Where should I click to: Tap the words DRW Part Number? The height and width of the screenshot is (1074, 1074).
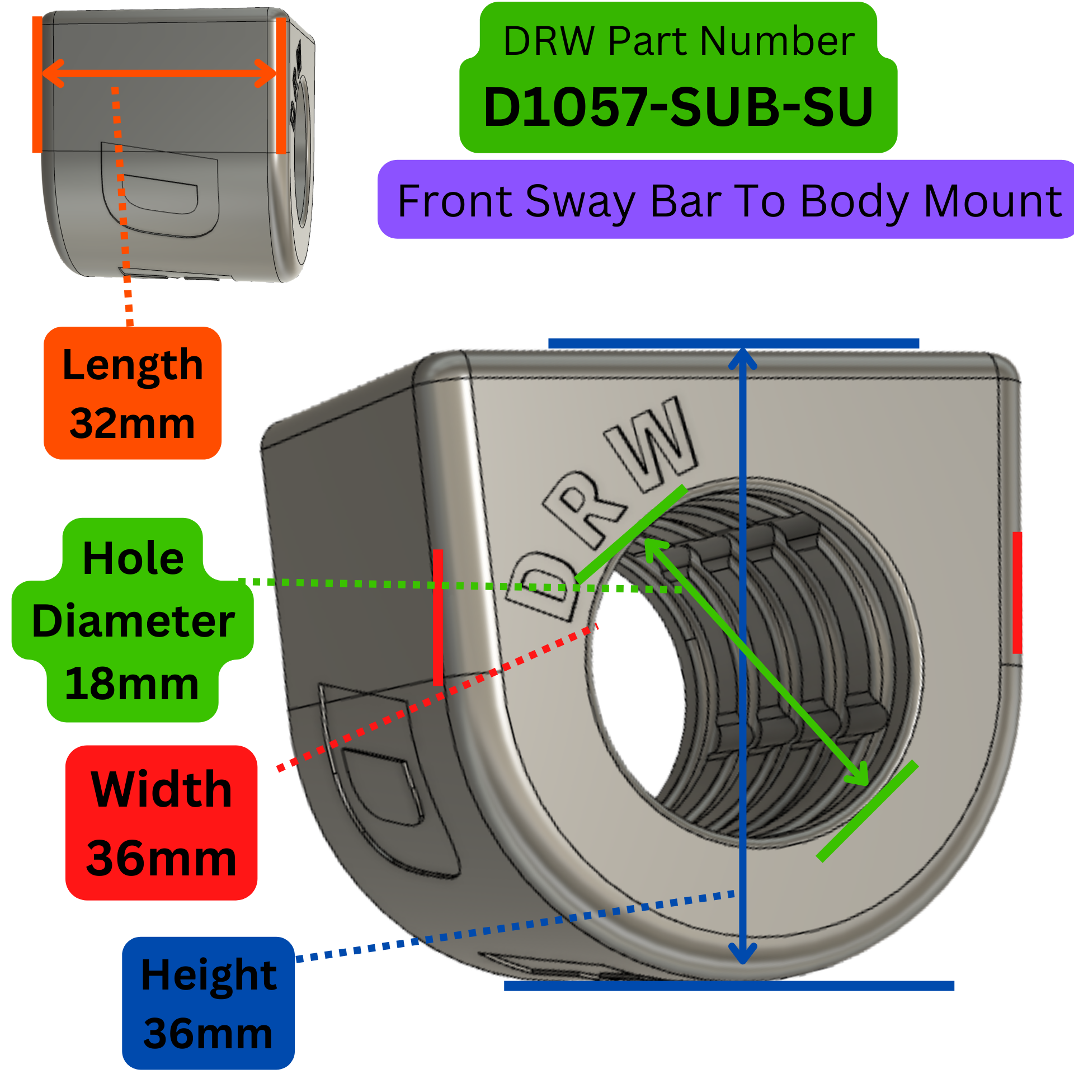[x=678, y=41]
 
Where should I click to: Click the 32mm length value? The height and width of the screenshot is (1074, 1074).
[x=133, y=423]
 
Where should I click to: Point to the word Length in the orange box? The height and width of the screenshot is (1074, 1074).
[x=133, y=365]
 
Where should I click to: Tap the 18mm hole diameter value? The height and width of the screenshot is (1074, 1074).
[x=132, y=684]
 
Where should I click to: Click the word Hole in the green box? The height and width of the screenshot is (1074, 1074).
[x=133, y=558]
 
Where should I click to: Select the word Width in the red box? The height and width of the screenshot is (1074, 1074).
[x=161, y=789]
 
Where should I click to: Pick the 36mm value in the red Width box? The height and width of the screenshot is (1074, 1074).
[x=161, y=859]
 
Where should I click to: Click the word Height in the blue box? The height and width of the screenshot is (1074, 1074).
[x=209, y=974]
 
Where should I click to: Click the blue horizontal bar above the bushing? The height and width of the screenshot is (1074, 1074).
[x=733, y=343]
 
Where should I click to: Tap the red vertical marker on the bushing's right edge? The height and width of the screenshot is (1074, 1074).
[x=1017, y=593]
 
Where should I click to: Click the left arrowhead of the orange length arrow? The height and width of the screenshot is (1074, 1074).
[x=50, y=74]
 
